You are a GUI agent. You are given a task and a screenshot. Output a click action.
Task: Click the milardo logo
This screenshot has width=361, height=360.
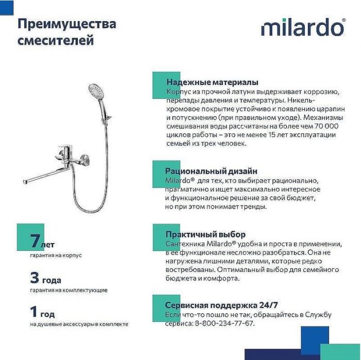(303, 27)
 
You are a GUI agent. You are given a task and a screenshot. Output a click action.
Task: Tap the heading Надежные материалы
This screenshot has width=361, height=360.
(212, 82)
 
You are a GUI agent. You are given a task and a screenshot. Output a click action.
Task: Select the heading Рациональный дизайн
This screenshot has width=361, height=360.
(211, 171)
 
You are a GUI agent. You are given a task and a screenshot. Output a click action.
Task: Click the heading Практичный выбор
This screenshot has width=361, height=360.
(205, 234)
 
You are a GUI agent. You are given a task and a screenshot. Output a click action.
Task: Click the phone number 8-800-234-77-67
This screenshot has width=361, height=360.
(224, 323)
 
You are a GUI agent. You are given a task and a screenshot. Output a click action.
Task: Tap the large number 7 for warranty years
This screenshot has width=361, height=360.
(35, 241)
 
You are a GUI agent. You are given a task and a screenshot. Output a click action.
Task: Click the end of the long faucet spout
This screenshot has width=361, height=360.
(26, 181)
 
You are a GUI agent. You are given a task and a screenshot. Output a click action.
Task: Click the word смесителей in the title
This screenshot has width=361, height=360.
(56, 40)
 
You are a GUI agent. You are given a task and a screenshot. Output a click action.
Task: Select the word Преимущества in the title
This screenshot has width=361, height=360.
(67, 24)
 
